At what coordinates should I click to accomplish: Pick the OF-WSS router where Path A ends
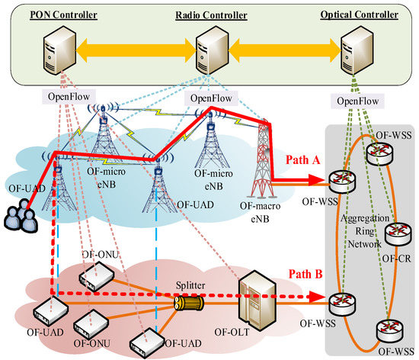[x=340, y=183]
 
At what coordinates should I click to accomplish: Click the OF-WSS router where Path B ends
[x=340, y=301]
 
